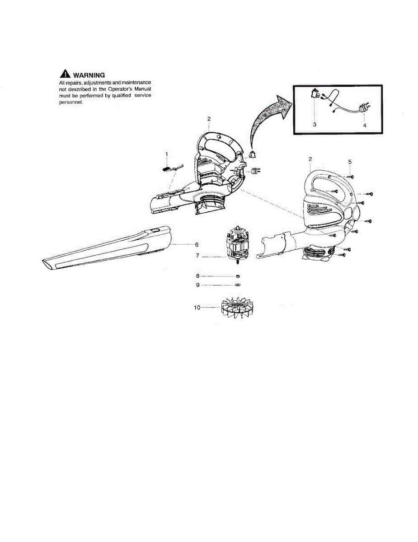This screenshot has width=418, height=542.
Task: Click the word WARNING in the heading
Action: (89, 75)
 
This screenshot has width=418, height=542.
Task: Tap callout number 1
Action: (166, 154)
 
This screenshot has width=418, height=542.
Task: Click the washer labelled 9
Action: (238, 285)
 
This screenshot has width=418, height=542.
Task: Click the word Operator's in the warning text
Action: (124, 89)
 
